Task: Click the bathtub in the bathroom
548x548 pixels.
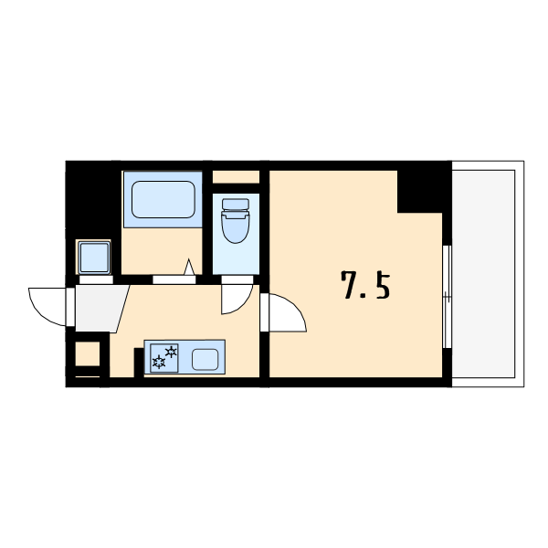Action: (163, 199)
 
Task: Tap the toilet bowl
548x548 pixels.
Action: (236, 227)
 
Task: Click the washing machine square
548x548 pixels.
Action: (93, 258)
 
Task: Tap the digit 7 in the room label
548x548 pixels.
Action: (351, 286)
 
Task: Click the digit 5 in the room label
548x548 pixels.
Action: (382, 286)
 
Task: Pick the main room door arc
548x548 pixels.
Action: (288, 312)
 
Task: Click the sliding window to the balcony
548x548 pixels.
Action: (447, 297)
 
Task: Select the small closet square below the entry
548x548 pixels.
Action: (88, 353)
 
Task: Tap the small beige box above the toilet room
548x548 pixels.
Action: (236, 176)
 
